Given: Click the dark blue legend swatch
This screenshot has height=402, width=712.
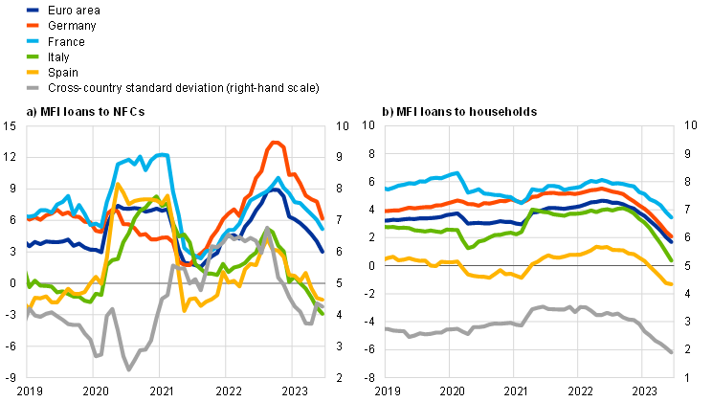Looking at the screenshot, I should (x=33, y=10).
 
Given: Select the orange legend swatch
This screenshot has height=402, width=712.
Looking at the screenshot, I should (x=33, y=25).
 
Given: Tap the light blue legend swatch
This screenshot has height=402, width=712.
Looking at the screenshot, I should (x=33, y=41).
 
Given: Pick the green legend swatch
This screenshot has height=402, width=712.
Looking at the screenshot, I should (x=33, y=56).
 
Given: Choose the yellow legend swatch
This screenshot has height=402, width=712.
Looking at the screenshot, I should (x=33, y=72).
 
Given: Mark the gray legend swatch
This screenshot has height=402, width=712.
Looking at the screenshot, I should (x=33, y=87).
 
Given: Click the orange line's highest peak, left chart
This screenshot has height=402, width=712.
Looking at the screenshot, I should (x=275, y=142).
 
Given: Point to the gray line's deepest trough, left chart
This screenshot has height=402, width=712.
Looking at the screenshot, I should (x=129, y=368).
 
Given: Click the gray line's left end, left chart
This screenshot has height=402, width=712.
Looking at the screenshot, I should (x=28, y=310).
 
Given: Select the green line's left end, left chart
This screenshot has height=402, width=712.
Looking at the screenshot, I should (x=28, y=279).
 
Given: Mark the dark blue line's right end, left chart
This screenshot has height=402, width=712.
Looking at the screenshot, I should (x=323, y=251).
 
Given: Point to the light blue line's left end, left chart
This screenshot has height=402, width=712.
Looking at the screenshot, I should (x=28, y=217).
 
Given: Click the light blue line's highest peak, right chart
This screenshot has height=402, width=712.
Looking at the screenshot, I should (x=457, y=172).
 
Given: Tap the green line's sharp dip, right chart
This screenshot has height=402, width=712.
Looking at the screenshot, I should (x=468, y=247).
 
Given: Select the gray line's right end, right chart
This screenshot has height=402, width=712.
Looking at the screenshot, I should (x=673, y=353).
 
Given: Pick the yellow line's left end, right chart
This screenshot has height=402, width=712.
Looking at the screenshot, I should (x=387, y=258).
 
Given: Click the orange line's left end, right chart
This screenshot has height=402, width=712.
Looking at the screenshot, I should (x=387, y=212).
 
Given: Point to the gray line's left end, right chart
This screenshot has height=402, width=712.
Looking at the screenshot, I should (x=387, y=327).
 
